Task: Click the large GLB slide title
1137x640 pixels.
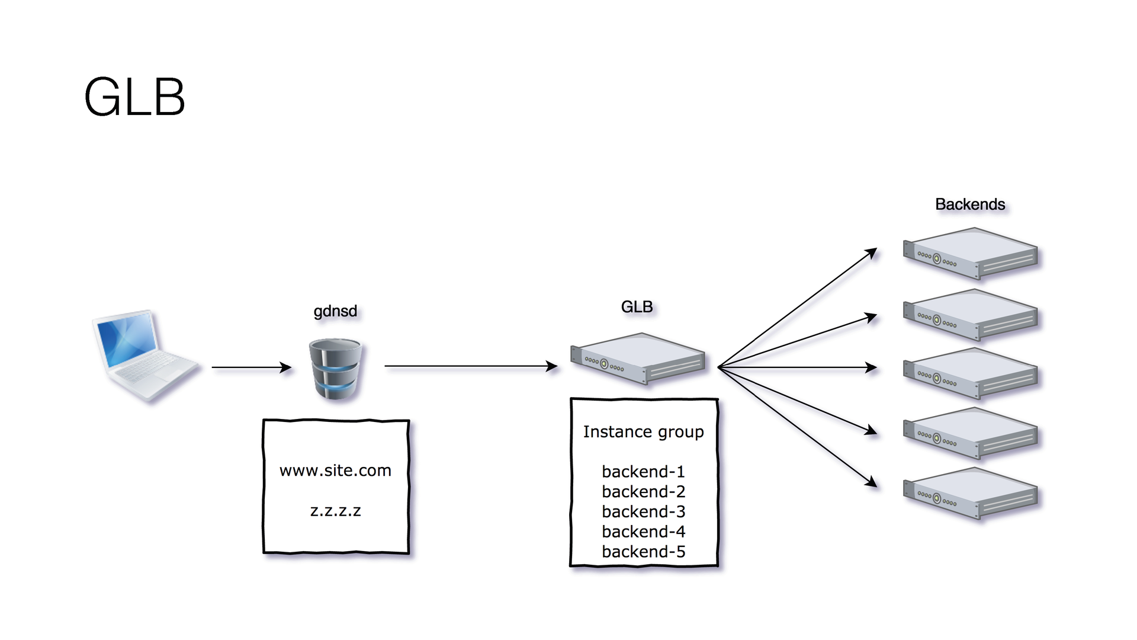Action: (135, 97)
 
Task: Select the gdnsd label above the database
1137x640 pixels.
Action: (335, 312)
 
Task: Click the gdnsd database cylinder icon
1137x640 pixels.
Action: (335, 369)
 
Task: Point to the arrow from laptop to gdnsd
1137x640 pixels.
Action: (252, 367)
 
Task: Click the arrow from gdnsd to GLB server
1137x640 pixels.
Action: (471, 366)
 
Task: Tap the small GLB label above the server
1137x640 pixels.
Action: (637, 307)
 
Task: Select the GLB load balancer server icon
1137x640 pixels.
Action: (638, 359)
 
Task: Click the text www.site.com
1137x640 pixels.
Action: (335, 471)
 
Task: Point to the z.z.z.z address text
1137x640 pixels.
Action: (335, 511)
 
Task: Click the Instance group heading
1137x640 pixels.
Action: (644, 432)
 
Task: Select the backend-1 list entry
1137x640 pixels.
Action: (644, 472)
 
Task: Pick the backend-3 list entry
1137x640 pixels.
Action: (644, 511)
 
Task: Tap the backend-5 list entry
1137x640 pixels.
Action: (644, 552)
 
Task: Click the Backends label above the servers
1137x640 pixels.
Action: (970, 204)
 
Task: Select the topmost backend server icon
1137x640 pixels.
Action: (971, 254)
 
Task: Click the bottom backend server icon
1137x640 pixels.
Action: (971, 494)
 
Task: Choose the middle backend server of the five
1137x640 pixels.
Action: (971, 374)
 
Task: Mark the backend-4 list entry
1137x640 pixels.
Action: (644, 532)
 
